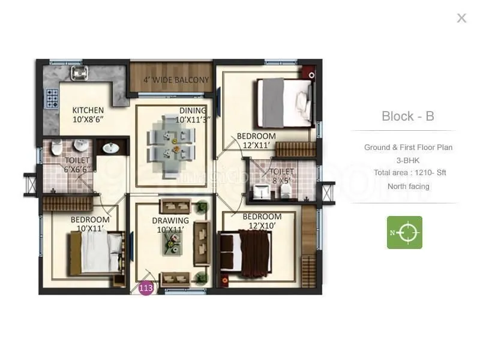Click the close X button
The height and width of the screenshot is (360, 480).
[x=461, y=18]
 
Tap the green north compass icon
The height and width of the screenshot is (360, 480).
[x=404, y=232]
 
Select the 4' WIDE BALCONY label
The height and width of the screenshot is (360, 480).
[x=176, y=80]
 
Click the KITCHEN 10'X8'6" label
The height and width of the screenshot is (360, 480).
[x=88, y=115]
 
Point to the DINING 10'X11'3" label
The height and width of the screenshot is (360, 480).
[x=192, y=115]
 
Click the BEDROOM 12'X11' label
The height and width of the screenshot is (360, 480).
[x=256, y=140]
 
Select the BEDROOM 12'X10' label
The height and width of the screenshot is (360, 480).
[x=262, y=221]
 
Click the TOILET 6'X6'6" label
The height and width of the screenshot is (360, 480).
[x=77, y=165]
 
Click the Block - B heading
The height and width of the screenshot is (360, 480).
[x=407, y=116]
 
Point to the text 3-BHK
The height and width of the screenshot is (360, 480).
[x=407, y=160]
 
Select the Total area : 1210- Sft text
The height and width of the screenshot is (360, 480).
[x=410, y=173]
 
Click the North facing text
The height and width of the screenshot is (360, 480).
[x=408, y=187]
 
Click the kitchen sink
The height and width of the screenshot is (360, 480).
[x=80, y=73]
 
